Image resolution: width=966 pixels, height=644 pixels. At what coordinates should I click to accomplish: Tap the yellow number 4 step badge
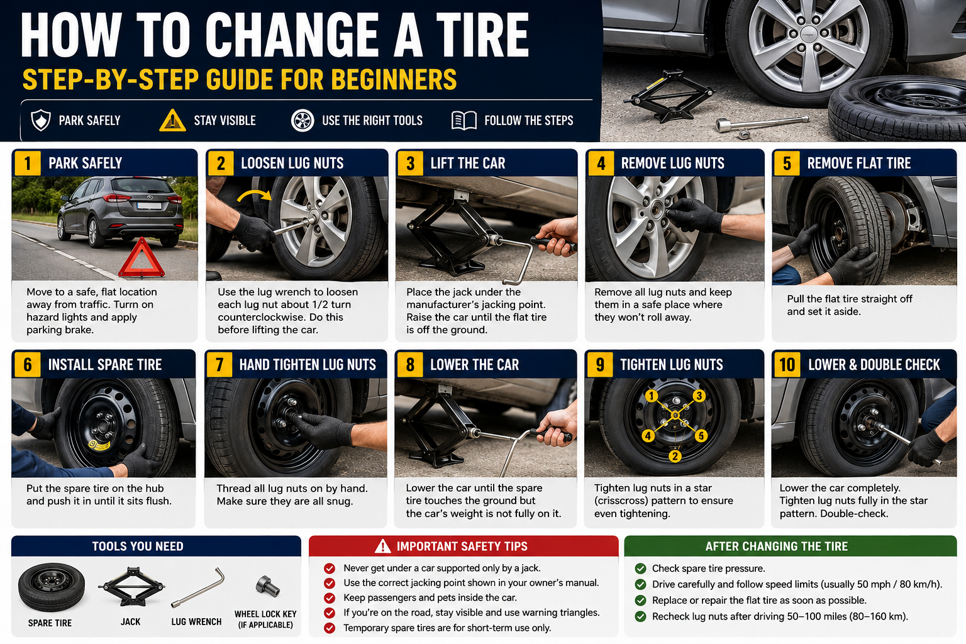pyautogui.click(x=601, y=164)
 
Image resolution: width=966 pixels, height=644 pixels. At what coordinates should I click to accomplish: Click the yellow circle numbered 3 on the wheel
pyautogui.click(x=699, y=396)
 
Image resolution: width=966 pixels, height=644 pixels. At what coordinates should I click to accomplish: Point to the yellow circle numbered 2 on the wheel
pyautogui.click(x=675, y=456)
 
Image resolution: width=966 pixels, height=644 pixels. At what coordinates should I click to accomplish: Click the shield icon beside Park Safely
pyautogui.click(x=41, y=120)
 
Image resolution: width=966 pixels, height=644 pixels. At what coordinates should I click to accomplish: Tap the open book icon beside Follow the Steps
pyautogui.click(x=464, y=120)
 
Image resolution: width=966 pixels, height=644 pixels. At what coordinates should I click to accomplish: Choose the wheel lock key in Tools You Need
pyautogui.click(x=267, y=586)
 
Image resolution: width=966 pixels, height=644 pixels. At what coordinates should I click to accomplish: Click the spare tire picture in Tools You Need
pyautogui.click(x=52, y=587)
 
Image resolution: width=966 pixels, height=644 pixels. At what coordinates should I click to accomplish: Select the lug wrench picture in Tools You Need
pyautogui.click(x=198, y=588)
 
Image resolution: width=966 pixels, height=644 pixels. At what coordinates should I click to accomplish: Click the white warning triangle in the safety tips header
pyautogui.click(x=382, y=546)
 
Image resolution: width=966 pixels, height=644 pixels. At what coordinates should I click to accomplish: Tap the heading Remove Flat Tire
pyautogui.click(x=858, y=163)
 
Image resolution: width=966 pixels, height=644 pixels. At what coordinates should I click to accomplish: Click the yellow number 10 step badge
pyautogui.click(x=787, y=365)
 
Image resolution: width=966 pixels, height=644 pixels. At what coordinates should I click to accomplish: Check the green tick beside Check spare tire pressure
pyautogui.click(x=640, y=569)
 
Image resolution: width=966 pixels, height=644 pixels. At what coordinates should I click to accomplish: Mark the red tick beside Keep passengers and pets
pyautogui.click(x=330, y=598)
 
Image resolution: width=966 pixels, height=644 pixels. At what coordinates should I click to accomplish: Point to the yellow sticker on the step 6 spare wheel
pyautogui.click(x=99, y=445)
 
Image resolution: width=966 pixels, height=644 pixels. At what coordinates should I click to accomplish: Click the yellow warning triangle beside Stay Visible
pyautogui.click(x=172, y=120)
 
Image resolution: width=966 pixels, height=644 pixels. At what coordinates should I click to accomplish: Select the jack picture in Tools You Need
pyautogui.click(x=131, y=586)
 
